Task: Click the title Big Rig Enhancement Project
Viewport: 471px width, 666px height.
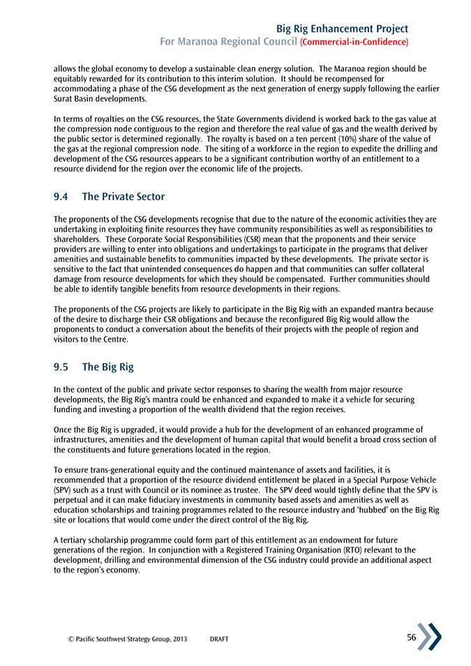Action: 342,29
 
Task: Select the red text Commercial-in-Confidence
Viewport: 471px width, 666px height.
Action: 354,43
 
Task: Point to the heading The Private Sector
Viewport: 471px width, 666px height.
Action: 123,197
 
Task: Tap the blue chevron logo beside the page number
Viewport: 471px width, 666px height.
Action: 429,636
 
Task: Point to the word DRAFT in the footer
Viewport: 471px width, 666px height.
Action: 219,639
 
